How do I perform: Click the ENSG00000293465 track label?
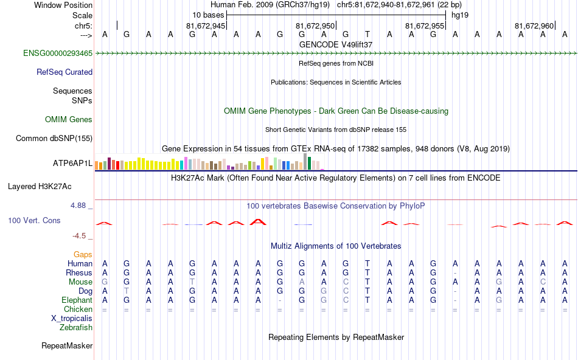58,54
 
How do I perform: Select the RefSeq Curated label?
64,72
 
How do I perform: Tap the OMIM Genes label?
69,120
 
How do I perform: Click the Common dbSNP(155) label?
54,138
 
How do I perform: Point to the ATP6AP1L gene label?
72,164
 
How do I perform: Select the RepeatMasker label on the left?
67,346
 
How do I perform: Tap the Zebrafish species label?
76,328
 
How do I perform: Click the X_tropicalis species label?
72,319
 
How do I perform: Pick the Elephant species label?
77,300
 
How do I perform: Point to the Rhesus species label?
79,273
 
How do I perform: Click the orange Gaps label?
83,254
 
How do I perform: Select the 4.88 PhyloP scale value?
79,206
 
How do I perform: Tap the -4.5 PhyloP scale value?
79,236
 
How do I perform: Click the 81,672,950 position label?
315,26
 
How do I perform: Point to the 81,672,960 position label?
534,26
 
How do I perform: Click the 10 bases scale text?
208,15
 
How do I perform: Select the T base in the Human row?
367,263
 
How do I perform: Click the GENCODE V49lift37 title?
336,44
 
